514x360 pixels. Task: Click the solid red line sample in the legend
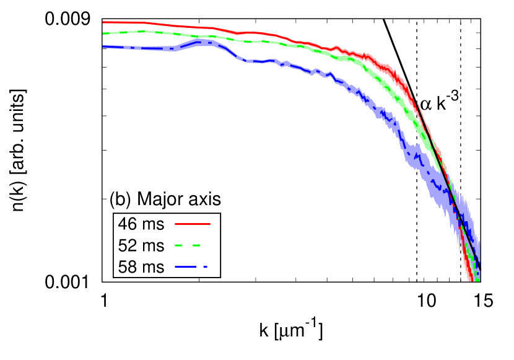coord(192,224)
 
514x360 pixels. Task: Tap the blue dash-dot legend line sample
coord(191,267)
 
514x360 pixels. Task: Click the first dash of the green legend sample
coord(178,245)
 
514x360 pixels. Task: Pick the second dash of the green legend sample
coord(196,245)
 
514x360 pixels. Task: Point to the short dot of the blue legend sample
coord(205,267)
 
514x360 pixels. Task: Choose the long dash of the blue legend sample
coord(185,267)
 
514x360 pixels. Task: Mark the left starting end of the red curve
coord(103,22)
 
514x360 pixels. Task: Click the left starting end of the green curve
coord(103,33)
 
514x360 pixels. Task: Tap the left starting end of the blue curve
coord(103,46)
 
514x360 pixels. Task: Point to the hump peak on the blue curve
coord(198,42)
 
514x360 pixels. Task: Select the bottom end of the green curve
coord(476,280)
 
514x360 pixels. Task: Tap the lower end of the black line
coord(479,268)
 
